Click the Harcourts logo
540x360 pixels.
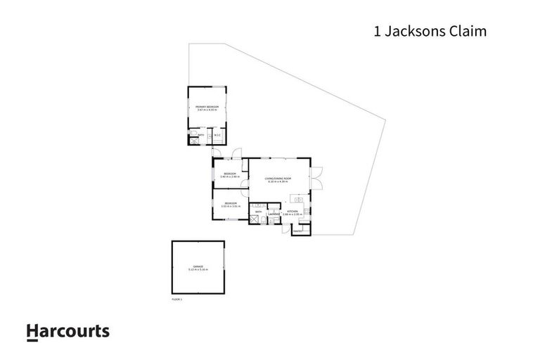[67, 331]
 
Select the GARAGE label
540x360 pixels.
[198, 267]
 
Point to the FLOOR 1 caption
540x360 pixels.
[176, 300]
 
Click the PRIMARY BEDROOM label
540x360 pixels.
[207, 107]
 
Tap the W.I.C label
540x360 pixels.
[217, 135]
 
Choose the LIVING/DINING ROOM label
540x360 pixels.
[278, 179]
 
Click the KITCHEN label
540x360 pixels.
[292, 210]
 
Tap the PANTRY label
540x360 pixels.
[297, 230]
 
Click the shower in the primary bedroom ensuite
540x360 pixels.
[192, 139]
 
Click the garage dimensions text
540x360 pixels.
[198, 271]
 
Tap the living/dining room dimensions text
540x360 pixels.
[278, 182]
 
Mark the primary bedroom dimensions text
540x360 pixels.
[207, 110]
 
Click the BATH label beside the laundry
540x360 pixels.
[258, 211]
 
